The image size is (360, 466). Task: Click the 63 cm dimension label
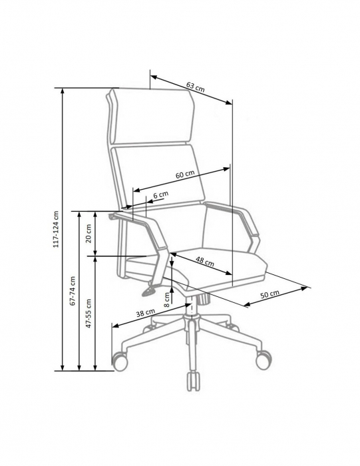tap(196, 87)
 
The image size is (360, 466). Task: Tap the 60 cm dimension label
tap(185, 174)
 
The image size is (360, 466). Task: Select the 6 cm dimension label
tap(160, 195)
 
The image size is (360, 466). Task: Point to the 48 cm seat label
tap(205, 261)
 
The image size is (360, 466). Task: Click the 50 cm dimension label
tap(270, 294)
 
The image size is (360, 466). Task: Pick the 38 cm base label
tap(146, 314)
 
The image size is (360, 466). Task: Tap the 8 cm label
tap(166, 300)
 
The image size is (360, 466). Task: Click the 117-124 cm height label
tap(56, 229)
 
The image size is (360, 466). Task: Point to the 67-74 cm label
tap(73, 291)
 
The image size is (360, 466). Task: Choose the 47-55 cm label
tap(89, 314)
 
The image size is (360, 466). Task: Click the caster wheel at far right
tap(264, 359)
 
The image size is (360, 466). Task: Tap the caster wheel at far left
tap(120, 361)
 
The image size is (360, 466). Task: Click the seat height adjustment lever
tap(150, 289)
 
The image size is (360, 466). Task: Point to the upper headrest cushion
tap(152, 116)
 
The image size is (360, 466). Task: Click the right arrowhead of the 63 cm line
tap(228, 103)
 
